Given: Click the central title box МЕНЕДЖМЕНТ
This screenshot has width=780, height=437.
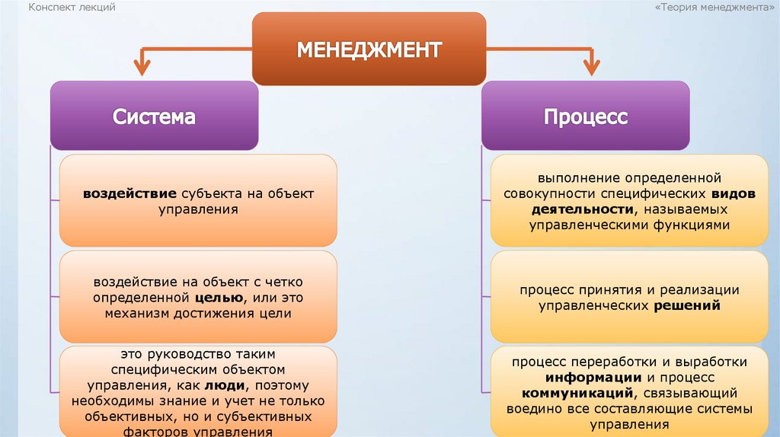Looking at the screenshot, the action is (369, 49).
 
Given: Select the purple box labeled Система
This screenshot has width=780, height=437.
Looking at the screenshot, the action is (154, 116).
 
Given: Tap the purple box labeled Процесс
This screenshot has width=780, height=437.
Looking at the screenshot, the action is (585, 116).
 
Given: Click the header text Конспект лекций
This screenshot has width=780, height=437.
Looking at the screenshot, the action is (72, 7).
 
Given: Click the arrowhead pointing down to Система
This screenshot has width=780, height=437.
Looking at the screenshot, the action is (142, 68).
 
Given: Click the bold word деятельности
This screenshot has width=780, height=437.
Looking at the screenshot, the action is (572, 209).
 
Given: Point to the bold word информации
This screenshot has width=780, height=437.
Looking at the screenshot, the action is (593, 378).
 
